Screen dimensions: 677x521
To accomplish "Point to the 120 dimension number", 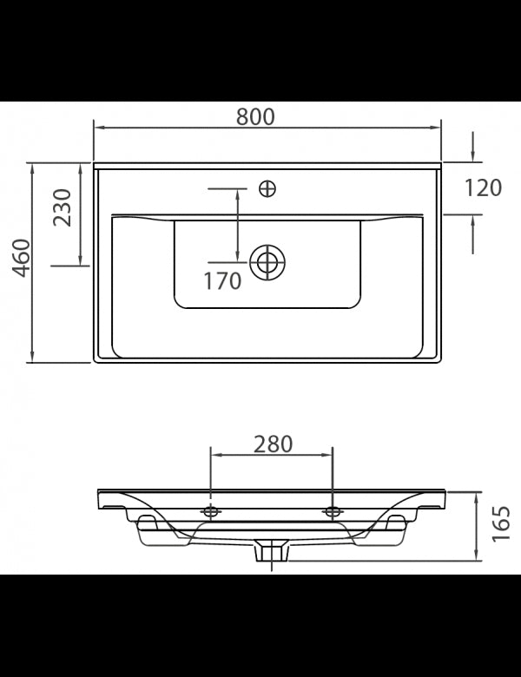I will (483, 187).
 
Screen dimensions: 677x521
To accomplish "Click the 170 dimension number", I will (222, 281).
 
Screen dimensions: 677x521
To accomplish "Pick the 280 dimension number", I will (273, 444).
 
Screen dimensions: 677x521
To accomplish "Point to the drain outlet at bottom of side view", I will (271, 550).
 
